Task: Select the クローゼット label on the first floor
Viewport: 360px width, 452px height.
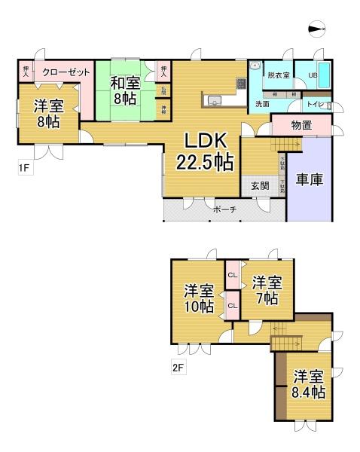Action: (66, 72)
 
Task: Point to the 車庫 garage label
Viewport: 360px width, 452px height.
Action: (309, 181)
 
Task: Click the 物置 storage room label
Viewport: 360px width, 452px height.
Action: (301, 126)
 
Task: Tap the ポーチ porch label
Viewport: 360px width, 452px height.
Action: (223, 210)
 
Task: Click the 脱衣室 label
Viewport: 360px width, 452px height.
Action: (278, 75)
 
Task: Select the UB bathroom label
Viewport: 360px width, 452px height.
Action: (311, 76)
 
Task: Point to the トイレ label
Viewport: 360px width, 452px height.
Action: (316, 104)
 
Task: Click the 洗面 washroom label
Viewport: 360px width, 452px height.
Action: (261, 104)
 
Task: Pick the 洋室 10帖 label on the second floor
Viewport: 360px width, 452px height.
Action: (199, 298)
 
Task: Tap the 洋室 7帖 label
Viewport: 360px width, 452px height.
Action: (267, 289)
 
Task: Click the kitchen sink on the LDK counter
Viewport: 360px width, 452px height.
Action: (212, 99)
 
